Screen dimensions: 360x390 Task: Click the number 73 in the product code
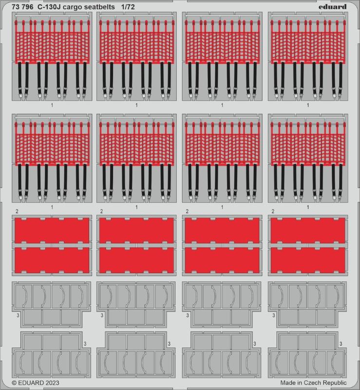click(x=16, y=7)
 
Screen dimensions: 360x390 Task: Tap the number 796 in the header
click(x=27, y=7)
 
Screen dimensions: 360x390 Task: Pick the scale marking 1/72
click(x=128, y=7)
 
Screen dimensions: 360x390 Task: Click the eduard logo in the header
click(x=332, y=6)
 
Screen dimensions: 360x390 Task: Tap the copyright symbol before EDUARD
click(x=15, y=383)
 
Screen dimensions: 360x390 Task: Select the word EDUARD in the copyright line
click(x=31, y=383)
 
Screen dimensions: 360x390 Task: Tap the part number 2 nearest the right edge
click(x=273, y=212)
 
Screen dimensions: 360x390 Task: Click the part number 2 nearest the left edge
click(x=17, y=212)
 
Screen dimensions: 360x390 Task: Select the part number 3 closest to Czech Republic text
click(x=341, y=344)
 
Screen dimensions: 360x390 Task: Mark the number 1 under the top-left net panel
click(x=52, y=105)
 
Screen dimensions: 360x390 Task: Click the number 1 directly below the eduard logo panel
click(x=308, y=105)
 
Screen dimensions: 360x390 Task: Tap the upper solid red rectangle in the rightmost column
click(x=308, y=230)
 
